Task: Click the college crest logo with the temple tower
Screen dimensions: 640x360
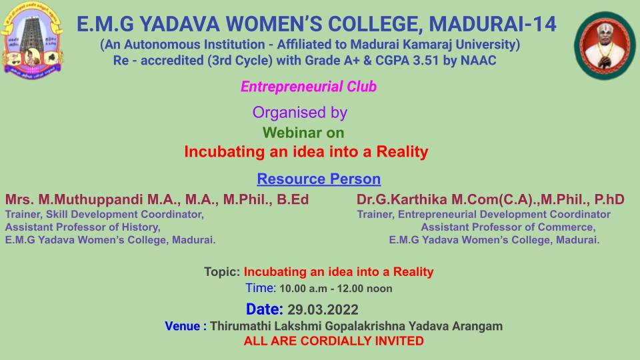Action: coord(32,41)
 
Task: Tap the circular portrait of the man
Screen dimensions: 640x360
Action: coord(605,45)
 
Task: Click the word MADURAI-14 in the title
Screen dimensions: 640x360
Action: coord(492,24)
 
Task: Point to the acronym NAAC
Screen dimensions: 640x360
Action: coord(479,61)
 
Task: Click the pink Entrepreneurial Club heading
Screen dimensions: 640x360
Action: coord(309,87)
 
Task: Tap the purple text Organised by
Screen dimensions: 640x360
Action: coord(300,113)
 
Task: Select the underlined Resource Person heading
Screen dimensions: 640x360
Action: coord(319,179)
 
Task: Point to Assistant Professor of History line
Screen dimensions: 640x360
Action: coord(83,227)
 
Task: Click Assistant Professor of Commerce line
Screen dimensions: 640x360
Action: coord(508,227)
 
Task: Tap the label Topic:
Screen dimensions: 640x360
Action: coord(222,272)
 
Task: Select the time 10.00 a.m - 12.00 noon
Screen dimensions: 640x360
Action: coord(335,289)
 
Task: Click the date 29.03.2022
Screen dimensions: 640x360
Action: coord(323,310)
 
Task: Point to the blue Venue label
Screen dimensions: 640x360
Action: coord(183,326)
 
